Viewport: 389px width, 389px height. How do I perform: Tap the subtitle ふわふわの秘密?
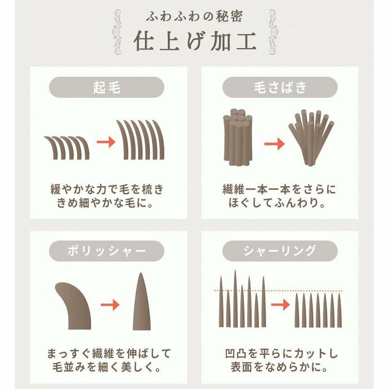pos(194,17)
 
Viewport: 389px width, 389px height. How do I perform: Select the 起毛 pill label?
pos(106,87)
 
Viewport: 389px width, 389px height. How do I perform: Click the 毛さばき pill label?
pos(280,87)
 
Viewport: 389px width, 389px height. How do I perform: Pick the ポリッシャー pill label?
pos(106,251)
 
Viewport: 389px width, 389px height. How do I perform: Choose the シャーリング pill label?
pos(280,251)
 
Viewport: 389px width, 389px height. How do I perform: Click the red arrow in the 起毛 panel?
pos(106,142)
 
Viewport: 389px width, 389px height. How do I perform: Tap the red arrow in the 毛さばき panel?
pos(274,144)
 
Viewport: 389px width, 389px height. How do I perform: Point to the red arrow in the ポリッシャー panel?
pos(110,305)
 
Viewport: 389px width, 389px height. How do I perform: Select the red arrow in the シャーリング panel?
pos(281,305)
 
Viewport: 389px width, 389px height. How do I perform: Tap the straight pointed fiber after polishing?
pos(141,301)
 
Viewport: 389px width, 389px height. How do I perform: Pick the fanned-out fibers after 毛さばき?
pos(311,138)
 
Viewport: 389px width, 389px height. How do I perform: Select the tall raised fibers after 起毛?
pos(141,140)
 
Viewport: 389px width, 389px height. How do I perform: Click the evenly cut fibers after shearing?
pos(318,310)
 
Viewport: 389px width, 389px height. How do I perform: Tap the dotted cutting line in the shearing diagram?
pos(278,290)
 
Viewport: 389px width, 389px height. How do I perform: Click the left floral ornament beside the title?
pos(117,32)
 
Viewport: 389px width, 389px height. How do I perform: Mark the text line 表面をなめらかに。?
pos(280,367)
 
